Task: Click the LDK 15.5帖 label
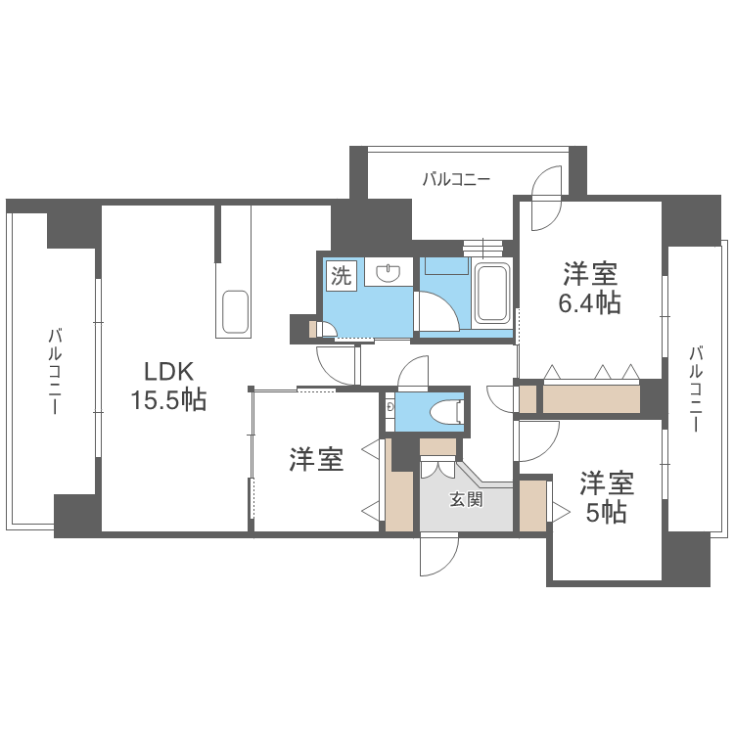pos(168,386)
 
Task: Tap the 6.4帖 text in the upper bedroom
pos(589,302)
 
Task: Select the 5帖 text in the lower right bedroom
pos(607,512)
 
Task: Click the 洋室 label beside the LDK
pos(315,460)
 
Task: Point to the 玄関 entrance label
pos(466,500)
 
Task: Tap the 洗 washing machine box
pos(340,276)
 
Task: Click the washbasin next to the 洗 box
pos(390,272)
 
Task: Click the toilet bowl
pos(449,410)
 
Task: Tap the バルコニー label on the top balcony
pos(456,179)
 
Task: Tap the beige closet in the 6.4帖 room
pos(590,399)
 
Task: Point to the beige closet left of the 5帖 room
pos(532,505)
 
